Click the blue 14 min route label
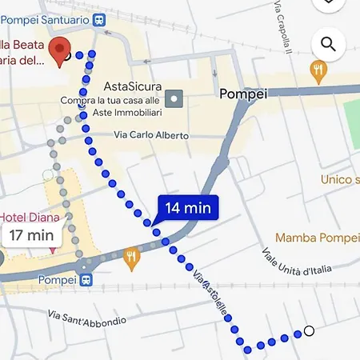click(188, 208)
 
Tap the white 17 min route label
click(29, 235)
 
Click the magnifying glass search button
click(328, 44)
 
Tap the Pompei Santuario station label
click(46, 18)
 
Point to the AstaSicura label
click(134, 86)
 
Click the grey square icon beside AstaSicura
click(174, 99)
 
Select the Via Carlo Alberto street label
click(151, 135)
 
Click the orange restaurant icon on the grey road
click(132, 258)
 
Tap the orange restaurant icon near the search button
click(318, 71)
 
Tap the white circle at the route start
click(309, 331)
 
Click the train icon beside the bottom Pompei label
click(86, 280)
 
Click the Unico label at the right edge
click(340, 180)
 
